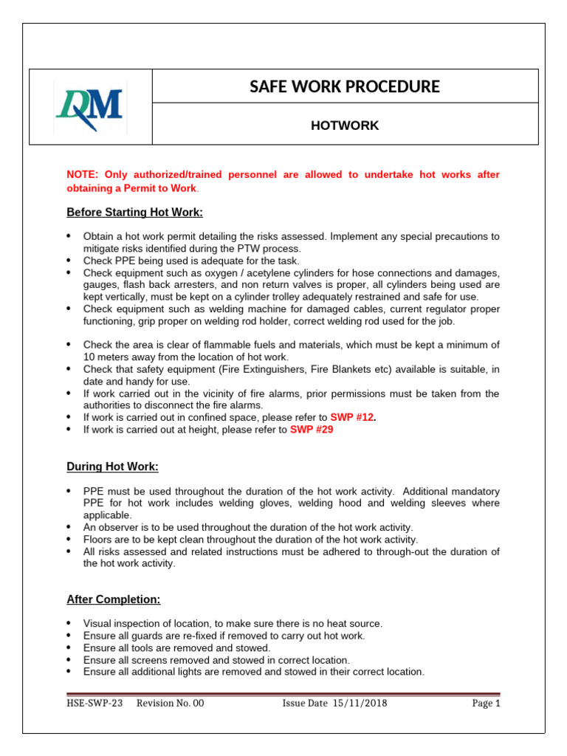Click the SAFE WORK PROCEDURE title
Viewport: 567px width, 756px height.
(x=345, y=87)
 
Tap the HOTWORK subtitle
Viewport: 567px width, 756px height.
(x=345, y=126)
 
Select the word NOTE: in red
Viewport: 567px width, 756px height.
(x=83, y=175)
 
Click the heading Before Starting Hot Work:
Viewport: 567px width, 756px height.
(x=134, y=213)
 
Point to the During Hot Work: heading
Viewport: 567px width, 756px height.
(x=112, y=467)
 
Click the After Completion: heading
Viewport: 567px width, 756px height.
(x=114, y=599)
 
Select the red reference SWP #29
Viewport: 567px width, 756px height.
(x=312, y=429)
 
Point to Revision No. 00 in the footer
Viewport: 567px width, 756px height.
(x=170, y=704)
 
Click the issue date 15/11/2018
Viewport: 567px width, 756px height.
(x=359, y=704)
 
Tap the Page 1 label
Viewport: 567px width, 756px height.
(x=486, y=704)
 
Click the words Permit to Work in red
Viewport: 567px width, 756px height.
(x=162, y=188)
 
